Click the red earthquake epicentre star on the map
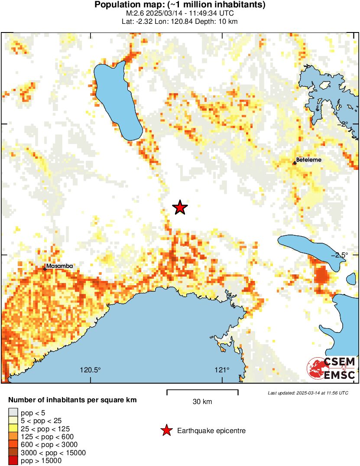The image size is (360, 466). point(180,208)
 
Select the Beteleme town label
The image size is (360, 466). point(309,160)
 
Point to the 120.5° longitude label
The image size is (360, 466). point(90,370)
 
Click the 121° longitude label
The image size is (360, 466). point(222,370)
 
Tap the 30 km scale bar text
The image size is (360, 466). point(202,402)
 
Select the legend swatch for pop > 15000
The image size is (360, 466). point(13,461)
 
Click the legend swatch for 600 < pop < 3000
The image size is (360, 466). point(13,444)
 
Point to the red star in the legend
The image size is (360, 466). point(166,430)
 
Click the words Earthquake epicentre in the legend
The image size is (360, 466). point(211,431)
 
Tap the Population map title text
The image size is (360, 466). point(180,5)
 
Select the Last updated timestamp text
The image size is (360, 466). point(308,393)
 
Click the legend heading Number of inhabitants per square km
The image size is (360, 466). point(73,400)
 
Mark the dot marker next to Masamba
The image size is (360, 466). point(45,269)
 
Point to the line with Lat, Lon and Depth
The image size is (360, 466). point(180,21)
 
